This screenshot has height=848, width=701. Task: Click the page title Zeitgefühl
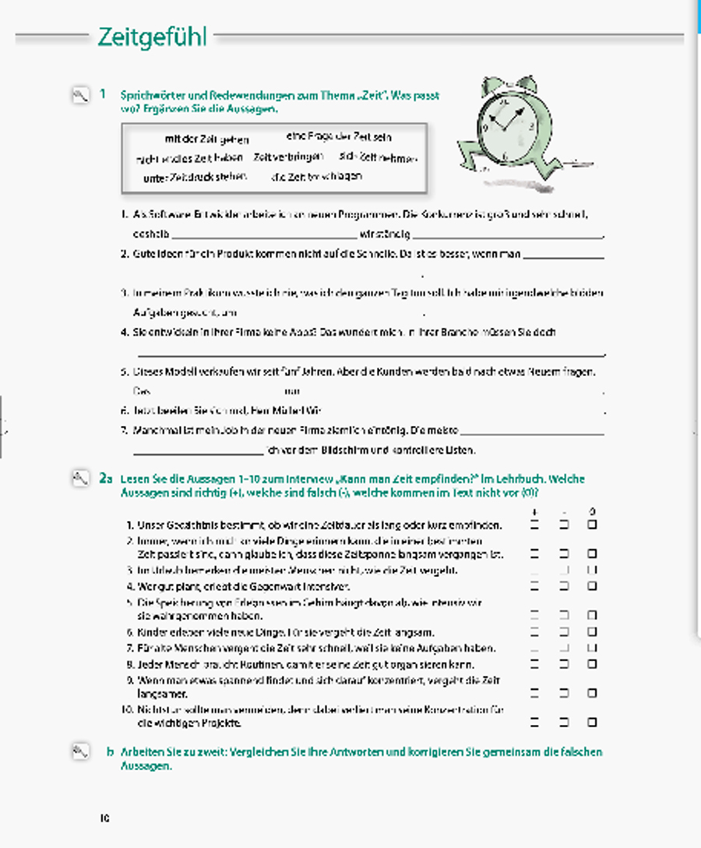coord(152,37)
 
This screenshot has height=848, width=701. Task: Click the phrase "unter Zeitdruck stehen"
coord(195,178)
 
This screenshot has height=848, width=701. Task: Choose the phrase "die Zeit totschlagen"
coord(316,177)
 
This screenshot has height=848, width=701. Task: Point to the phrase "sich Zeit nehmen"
coord(379,157)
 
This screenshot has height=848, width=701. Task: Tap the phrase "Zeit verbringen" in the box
coord(287,157)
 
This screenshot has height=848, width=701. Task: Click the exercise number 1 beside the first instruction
coord(103,94)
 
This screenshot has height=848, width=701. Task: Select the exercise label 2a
coord(107,479)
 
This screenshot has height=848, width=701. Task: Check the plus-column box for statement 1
coord(534,526)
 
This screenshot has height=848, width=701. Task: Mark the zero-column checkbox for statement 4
coord(592,586)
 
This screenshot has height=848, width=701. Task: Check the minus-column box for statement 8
coord(563,664)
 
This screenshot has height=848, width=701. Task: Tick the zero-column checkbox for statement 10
coord(592,723)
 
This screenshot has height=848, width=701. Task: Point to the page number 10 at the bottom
coord(104,818)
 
